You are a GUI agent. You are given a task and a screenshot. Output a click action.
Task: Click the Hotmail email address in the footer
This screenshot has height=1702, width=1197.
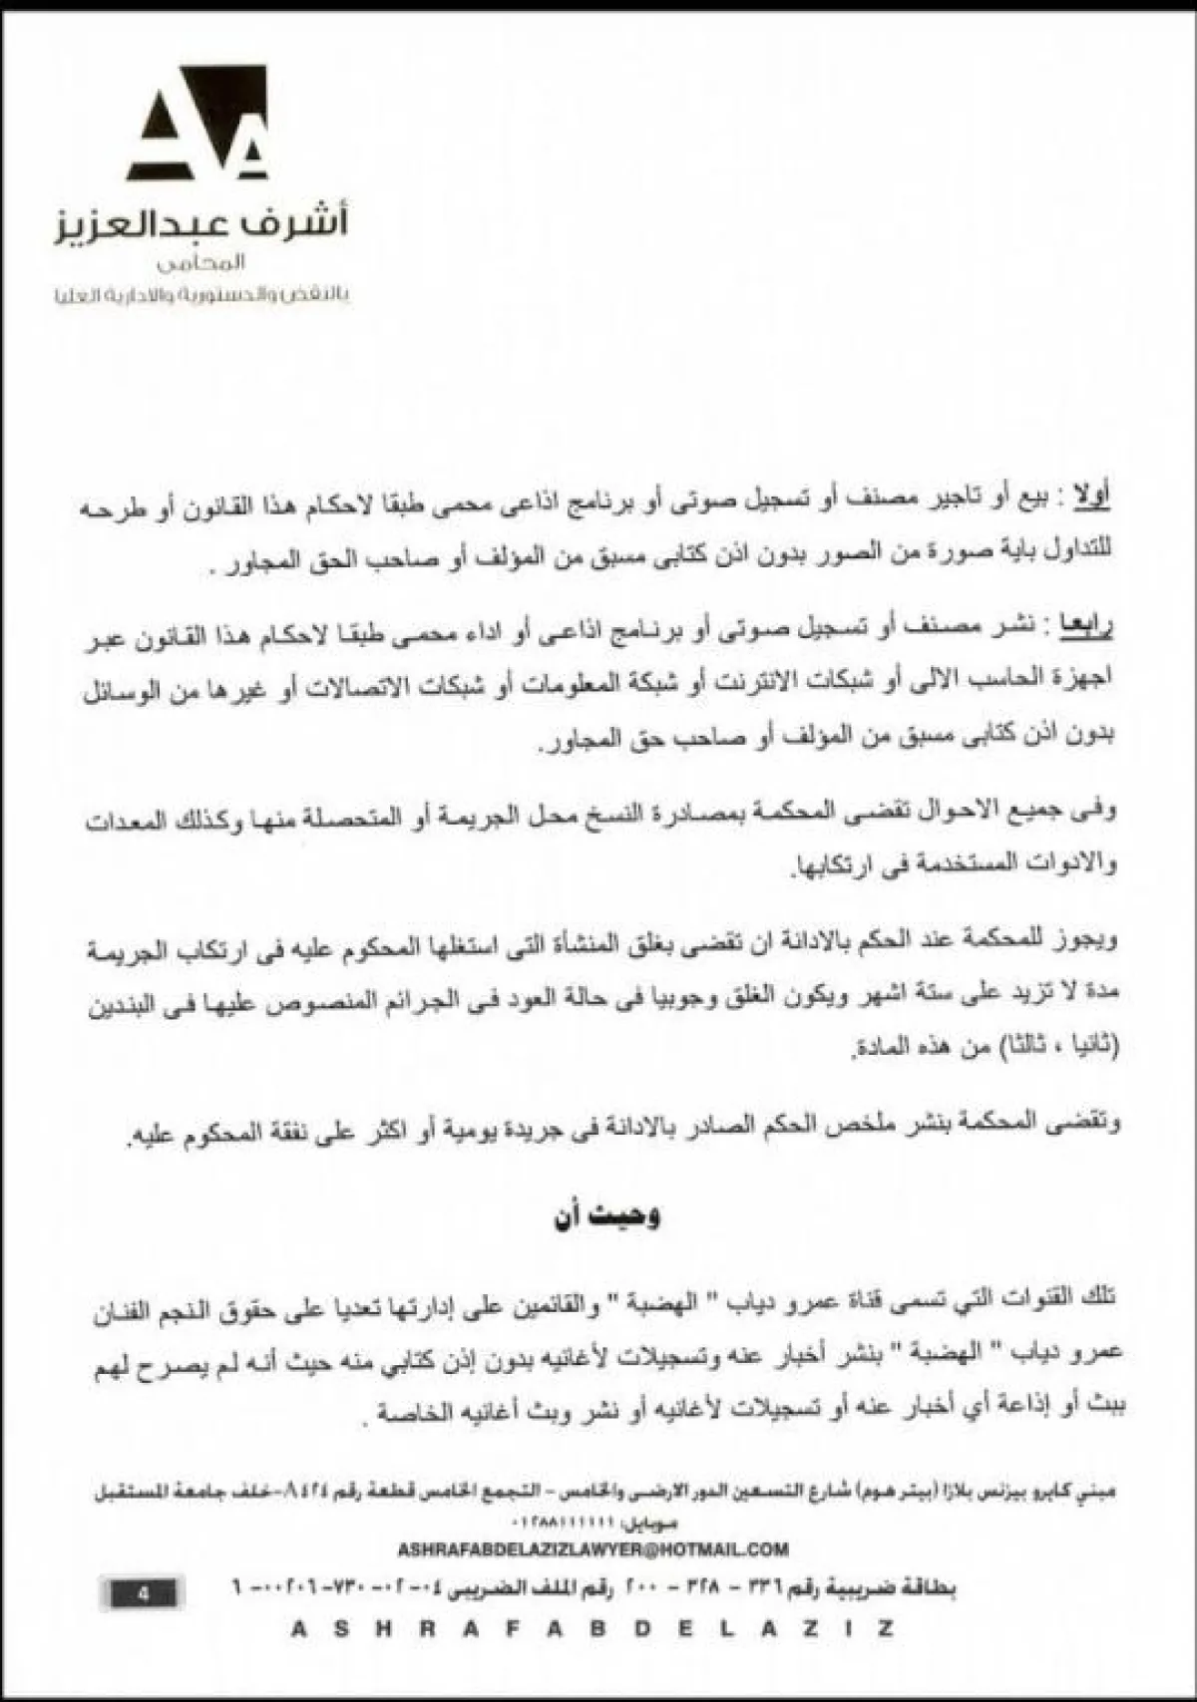[x=593, y=1549]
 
